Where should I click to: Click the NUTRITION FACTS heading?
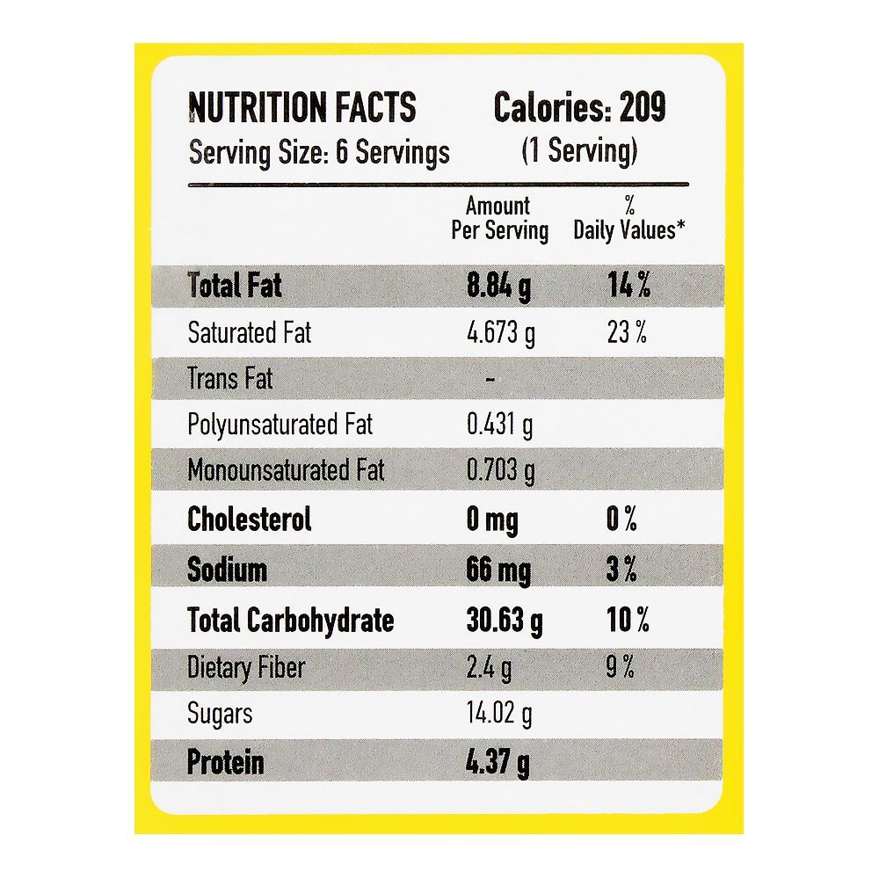coord(301,108)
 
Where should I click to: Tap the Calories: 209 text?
coord(579,108)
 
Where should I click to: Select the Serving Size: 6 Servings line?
coord(319,152)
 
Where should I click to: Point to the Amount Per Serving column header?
coord(498,218)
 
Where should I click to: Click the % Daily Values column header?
coord(629,218)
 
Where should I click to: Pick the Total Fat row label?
coord(235,286)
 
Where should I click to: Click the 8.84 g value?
coord(498,287)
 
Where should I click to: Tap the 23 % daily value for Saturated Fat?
coord(628,333)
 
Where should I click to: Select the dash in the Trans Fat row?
coord(490,380)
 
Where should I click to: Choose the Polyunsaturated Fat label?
coord(280,425)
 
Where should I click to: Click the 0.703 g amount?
coord(500,471)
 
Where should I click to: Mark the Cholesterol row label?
coord(250,519)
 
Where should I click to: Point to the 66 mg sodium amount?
coord(498,570)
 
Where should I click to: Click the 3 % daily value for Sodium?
coord(621,570)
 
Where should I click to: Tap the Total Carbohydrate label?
coord(291,621)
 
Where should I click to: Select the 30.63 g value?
coord(504,621)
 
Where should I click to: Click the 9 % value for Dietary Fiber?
coord(621,668)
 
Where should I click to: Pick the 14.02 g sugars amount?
coord(499,714)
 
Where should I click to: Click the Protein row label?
coord(225,762)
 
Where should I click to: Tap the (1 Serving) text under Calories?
coord(578,151)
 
